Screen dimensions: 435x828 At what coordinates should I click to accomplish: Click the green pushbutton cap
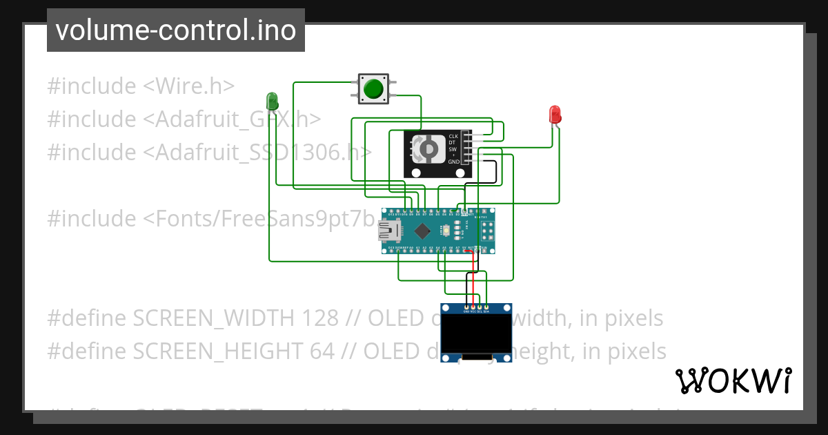click(x=373, y=88)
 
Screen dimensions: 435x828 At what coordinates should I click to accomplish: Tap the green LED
click(x=273, y=101)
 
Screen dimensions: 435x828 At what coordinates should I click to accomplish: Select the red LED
click(x=555, y=115)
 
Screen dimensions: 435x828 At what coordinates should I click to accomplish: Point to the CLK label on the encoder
click(x=453, y=136)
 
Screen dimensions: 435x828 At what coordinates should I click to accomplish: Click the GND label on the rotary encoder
click(x=453, y=162)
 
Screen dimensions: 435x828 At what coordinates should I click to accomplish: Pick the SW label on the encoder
click(x=453, y=149)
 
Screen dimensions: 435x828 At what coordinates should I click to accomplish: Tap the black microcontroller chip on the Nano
click(x=422, y=230)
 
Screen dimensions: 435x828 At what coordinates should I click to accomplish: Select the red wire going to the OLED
click(x=473, y=276)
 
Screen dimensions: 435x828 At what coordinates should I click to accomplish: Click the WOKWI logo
click(x=733, y=380)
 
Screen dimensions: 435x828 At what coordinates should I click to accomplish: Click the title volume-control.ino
click(x=176, y=30)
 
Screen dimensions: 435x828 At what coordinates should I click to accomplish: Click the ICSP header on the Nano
click(x=488, y=230)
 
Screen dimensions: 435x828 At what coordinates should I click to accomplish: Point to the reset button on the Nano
click(x=446, y=230)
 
